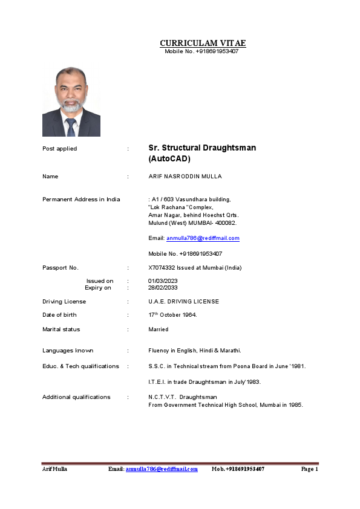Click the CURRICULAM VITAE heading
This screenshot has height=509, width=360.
(x=203, y=43)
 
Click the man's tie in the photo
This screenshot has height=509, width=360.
(x=71, y=127)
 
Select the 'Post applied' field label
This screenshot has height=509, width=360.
(x=59, y=149)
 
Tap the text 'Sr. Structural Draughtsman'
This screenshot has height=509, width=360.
(x=202, y=148)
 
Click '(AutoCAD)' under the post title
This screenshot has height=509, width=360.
(x=169, y=159)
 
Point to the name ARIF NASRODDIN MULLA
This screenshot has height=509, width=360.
(x=185, y=177)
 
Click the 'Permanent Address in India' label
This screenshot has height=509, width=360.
(x=81, y=199)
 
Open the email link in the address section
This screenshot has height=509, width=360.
(x=203, y=238)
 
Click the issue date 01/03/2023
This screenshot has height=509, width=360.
(x=163, y=281)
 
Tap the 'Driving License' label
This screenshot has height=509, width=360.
(x=64, y=301)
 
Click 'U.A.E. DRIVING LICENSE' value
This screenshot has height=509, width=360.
(x=184, y=301)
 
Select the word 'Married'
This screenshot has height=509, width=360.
(x=159, y=329)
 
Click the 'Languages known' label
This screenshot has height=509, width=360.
(x=68, y=351)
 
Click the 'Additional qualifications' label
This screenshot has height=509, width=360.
(x=76, y=397)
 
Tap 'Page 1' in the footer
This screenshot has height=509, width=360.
(x=309, y=469)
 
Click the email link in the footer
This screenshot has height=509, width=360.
(x=162, y=469)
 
